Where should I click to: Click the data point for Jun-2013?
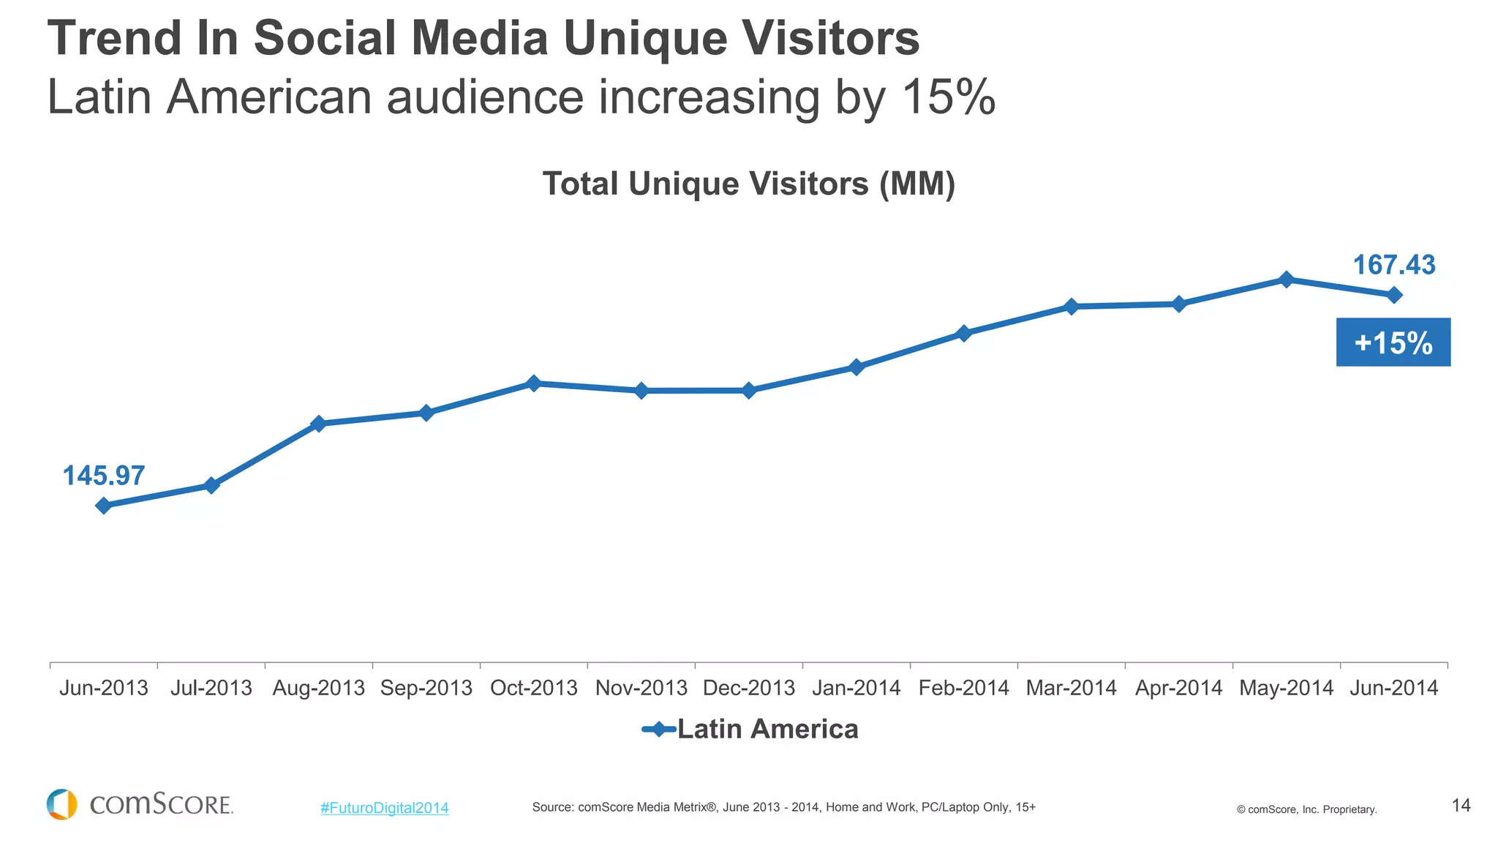point(103,506)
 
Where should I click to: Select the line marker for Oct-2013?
point(533,383)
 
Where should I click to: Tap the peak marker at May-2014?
point(1286,280)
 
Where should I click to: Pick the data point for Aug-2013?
point(318,424)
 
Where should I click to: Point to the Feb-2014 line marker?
point(963,334)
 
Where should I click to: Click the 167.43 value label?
point(1393,265)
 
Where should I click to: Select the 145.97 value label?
point(104,476)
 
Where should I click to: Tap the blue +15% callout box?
point(1393,342)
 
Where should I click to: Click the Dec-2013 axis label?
point(748,688)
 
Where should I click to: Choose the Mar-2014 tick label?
point(1071,688)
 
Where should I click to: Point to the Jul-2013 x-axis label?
point(211,688)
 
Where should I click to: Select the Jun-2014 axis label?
point(1393,688)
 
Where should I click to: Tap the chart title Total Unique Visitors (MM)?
point(748,184)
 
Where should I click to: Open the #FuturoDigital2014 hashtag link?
point(384,808)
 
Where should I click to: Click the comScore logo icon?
point(61,804)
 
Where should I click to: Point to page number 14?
point(1461,806)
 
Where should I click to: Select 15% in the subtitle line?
point(948,97)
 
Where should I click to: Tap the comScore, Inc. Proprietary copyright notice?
point(1306,809)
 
